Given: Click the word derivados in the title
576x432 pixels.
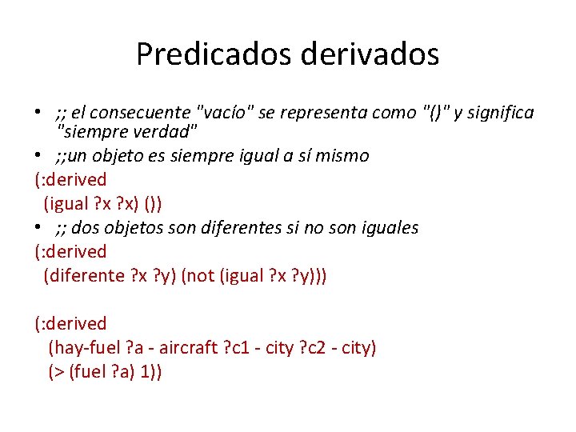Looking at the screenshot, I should (x=370, y=54).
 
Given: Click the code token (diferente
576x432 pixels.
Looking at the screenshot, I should (x=82, y=276).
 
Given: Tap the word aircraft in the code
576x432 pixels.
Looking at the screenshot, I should (x=188, y=348).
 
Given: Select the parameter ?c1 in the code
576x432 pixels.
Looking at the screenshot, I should (x=241, y=348).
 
